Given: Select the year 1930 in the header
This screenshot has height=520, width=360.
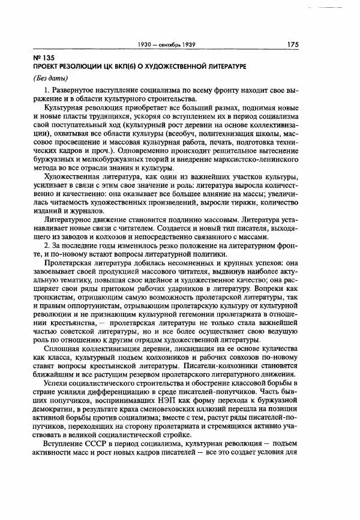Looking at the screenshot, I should click(146, 44).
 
